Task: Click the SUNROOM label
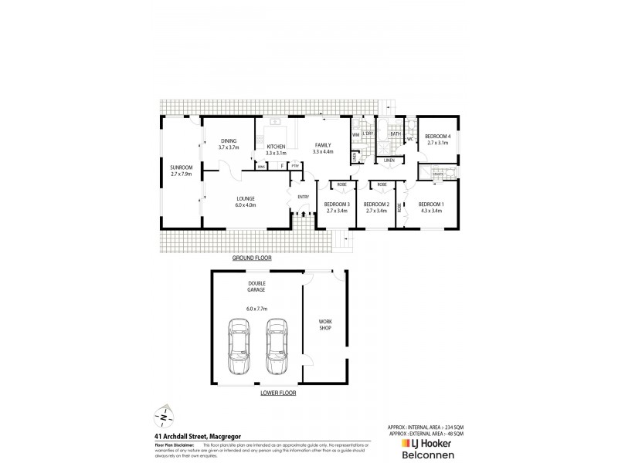click(182, 167)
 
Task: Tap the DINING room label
click(229, 140)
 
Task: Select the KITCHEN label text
click(276, 147)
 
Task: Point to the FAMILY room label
click(322, 144)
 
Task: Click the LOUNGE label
click(246, 198)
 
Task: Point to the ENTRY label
click(303, 197)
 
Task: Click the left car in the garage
click(239, 346)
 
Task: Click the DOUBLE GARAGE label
click(256, 286)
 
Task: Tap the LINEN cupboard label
click(389, 160)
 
